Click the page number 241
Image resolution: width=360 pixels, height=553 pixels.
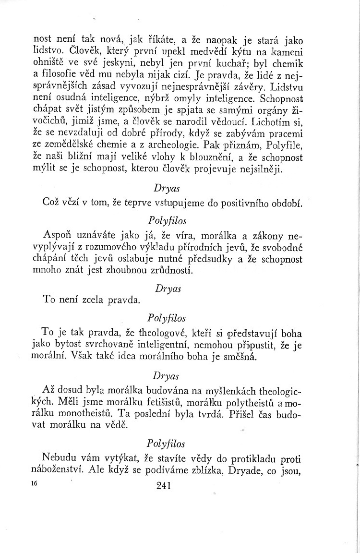point(164,486)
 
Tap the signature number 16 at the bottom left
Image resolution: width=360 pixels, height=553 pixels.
point(33,485)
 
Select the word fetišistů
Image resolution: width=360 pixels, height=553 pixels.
point(149,400)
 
